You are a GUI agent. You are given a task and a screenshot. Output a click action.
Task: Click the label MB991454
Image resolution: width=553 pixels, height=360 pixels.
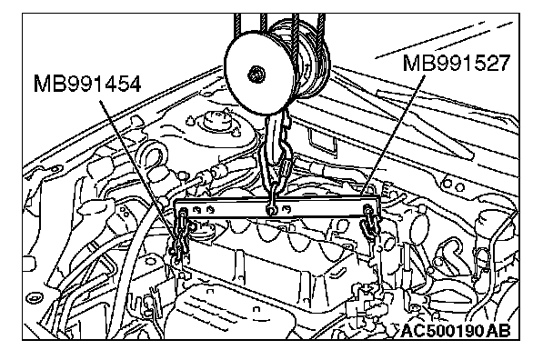pyautogui.click(x=87, y=84)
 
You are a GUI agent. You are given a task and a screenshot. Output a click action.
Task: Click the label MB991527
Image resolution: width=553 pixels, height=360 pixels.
pyautogui.click(x=457, y=63)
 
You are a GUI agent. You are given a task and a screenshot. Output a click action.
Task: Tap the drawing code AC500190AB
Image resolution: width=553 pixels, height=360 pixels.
pyautogui.click(x=456, y=331)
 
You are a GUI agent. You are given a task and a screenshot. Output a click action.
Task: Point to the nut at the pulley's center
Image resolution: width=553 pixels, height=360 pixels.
pyautogui.click(x=255, y=75)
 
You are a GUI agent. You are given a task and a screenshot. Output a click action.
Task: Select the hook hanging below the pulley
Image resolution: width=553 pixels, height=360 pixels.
pyautogui.click(x=278, y=148)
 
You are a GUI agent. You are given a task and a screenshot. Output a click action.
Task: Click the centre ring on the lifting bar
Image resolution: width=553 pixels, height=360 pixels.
pyautogui.click(x=272, y=211)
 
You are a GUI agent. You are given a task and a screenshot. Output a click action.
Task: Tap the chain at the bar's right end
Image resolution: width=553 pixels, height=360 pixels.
pyautogui.click(x=370, y=225)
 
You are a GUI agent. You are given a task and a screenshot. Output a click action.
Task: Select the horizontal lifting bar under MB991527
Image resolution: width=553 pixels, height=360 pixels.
pyautogui.click(x=278, y=209)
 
